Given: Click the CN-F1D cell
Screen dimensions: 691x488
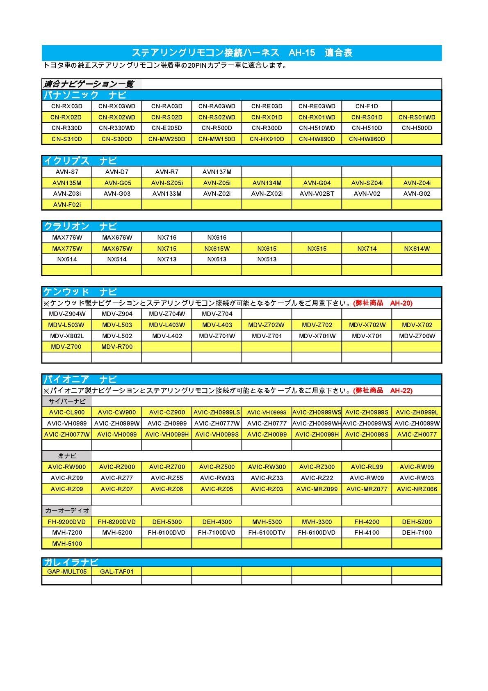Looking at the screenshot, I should point(367,106).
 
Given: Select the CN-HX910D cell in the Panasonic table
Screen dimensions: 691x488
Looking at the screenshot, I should point(267,139).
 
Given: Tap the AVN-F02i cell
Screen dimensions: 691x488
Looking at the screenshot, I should point(67,204).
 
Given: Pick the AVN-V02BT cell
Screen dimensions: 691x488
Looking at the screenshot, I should point(317,194).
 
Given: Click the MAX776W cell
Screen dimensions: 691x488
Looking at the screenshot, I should point(67,237).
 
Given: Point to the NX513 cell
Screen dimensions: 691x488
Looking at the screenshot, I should point(267,259).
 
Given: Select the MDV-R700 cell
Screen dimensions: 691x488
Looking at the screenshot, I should point(117,347).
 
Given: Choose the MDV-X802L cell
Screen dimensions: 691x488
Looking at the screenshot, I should point(67,336).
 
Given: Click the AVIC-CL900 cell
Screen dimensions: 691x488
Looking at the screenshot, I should point(67,412).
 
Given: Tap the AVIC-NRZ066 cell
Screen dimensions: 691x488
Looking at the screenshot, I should point(417,489).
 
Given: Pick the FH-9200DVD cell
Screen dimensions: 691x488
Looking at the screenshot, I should point(67,522).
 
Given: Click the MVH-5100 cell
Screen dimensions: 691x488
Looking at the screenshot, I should point(67,544).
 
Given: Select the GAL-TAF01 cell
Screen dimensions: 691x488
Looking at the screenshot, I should point(117,571).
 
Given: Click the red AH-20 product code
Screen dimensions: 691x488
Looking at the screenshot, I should point(401,303).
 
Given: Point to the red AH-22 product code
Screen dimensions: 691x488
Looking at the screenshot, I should point(401,391).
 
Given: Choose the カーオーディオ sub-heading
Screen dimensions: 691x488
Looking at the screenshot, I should point(67,511).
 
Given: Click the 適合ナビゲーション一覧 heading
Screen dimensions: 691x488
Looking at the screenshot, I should point(89,85).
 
